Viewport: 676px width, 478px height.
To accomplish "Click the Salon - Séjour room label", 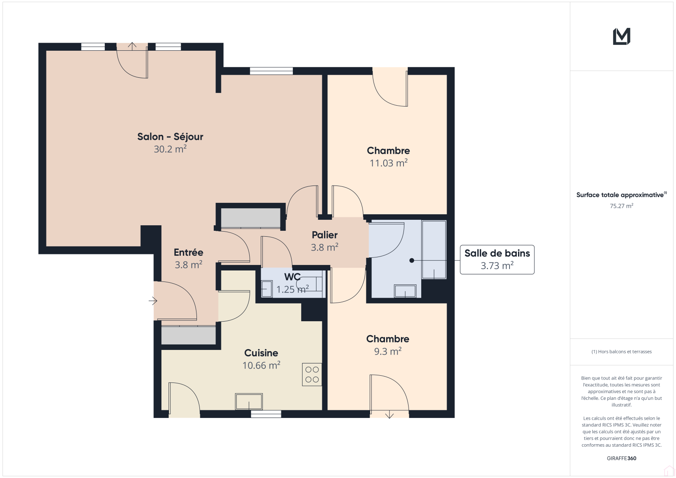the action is point(170,137).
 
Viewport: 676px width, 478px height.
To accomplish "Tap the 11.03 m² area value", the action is point(388,163).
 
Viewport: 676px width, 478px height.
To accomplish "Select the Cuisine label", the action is point(261,352).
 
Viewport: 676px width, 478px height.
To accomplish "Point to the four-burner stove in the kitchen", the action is point(312,374).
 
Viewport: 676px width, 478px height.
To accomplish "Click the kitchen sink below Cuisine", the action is point(249,402).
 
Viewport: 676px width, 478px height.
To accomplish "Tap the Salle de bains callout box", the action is point(497,259).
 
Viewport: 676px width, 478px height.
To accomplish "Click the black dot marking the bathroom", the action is point(412,260).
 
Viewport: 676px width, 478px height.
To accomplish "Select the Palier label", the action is point(324,235).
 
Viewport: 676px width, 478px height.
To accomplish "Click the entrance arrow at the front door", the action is point(153,301).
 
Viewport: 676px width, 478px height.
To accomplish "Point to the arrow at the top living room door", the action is point(132,46).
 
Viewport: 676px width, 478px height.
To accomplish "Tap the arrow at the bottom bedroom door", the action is point(389,414).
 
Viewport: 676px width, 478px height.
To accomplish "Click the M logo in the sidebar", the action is point(621,36).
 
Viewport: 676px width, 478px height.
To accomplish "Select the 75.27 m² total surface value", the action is point(621,206).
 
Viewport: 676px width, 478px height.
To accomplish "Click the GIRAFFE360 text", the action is point(621,458).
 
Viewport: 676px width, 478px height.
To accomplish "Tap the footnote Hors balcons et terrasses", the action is point(621,352).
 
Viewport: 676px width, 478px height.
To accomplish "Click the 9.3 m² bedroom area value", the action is point(388,352).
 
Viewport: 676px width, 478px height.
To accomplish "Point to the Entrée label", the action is point(188,252).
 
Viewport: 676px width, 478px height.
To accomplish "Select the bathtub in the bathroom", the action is point(434,249).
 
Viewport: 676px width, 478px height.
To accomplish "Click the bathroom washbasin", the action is point(405,291).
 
